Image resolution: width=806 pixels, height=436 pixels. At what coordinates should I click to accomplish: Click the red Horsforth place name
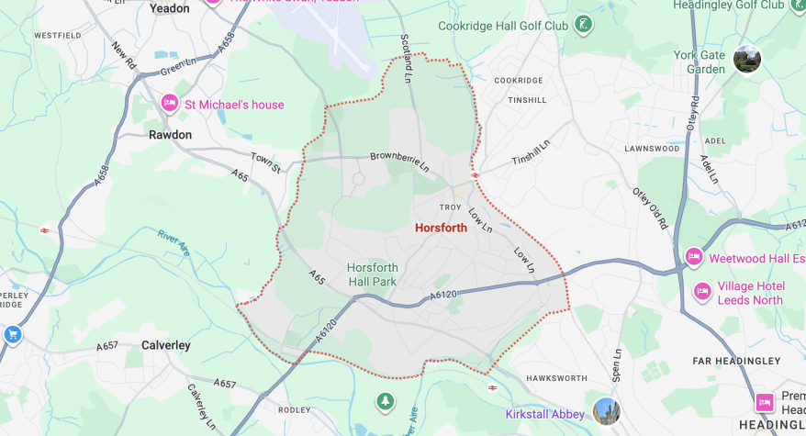[x=441, y=228]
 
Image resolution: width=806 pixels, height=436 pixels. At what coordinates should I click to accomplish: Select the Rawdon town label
[x=171, y=135]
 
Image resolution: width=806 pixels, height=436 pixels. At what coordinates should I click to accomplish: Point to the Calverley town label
[x=166, y=345]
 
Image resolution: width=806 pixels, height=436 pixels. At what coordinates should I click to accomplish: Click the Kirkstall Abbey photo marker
[x=606, y=410]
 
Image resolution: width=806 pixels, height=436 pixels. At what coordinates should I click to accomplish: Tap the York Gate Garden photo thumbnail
[x=747, y=60]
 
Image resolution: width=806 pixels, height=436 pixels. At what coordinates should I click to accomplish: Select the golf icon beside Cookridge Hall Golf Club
[x=583, y=24]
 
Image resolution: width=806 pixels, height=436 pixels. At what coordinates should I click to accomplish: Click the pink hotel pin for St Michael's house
[x=169, y=103]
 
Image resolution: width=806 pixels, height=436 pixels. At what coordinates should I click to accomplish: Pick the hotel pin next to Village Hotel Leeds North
[x=702, y=292]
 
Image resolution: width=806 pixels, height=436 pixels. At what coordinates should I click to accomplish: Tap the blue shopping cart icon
[x=12, y=334]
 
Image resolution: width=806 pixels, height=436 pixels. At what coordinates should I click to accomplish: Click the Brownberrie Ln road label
[x=399, y=162]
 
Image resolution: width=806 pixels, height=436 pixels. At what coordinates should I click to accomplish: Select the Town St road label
[x=266, y=163]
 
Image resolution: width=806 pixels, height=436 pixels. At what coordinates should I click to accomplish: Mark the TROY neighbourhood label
[x=450, y=207]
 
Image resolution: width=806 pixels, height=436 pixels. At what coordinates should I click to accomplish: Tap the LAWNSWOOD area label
[x=651, y=148]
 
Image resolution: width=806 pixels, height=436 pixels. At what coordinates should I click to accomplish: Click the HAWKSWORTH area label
[x=555, y=378]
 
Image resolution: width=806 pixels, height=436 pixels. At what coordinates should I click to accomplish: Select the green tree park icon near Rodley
[x=386, y=401]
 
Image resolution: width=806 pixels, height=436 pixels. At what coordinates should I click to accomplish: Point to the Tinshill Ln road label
[x=531, y=153]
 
